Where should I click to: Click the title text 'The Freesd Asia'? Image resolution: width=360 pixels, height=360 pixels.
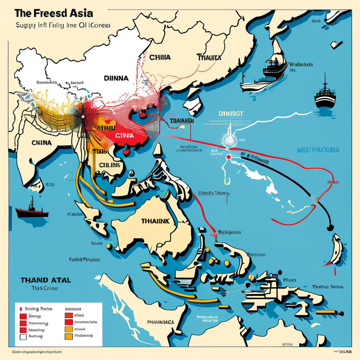[x=54, y=13]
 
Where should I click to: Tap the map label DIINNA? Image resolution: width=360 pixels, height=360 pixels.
[x=117, y=78]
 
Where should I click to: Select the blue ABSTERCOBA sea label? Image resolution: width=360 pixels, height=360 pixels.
[x=318, y=150]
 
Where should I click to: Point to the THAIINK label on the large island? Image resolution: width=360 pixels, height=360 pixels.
[x=155, y=221]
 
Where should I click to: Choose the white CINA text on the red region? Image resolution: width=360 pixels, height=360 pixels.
[x=124, y=135]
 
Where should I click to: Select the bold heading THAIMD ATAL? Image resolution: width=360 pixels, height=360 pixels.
[x=46, y=280]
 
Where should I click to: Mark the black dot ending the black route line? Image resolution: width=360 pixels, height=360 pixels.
[x=330, y=228]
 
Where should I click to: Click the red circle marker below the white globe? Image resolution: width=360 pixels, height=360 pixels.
[x=229, y=157]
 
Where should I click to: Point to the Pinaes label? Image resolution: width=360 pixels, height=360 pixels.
[x=289, y=280]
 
